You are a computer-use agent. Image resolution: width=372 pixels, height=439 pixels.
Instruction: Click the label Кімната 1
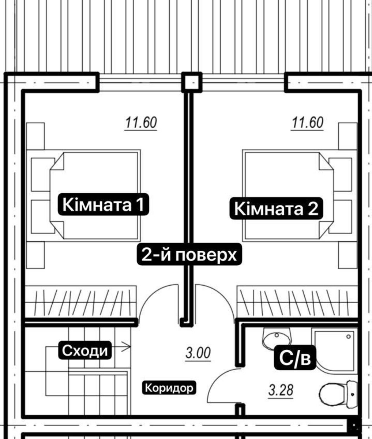tap(104, 204)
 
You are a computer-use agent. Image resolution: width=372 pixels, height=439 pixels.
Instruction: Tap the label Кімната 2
tap(276, 209)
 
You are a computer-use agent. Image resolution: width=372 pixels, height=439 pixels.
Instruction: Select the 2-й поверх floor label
tap(189, 254)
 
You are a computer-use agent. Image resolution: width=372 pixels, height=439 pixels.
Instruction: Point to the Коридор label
tap(169, 388)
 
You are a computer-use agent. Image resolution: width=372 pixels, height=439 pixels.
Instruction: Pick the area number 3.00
tap(198, 353)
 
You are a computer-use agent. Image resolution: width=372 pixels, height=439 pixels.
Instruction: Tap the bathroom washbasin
tap(277, 338)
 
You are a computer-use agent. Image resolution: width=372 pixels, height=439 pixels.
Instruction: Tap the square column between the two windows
tap(192, 82)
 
